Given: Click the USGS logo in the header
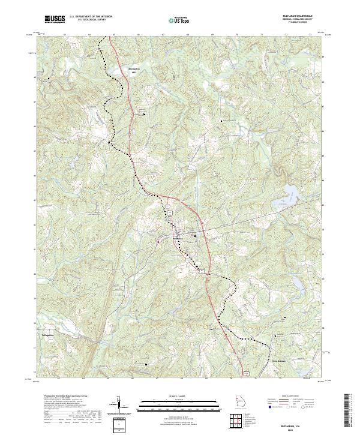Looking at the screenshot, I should (55, 19).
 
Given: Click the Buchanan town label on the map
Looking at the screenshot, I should (178, 239).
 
